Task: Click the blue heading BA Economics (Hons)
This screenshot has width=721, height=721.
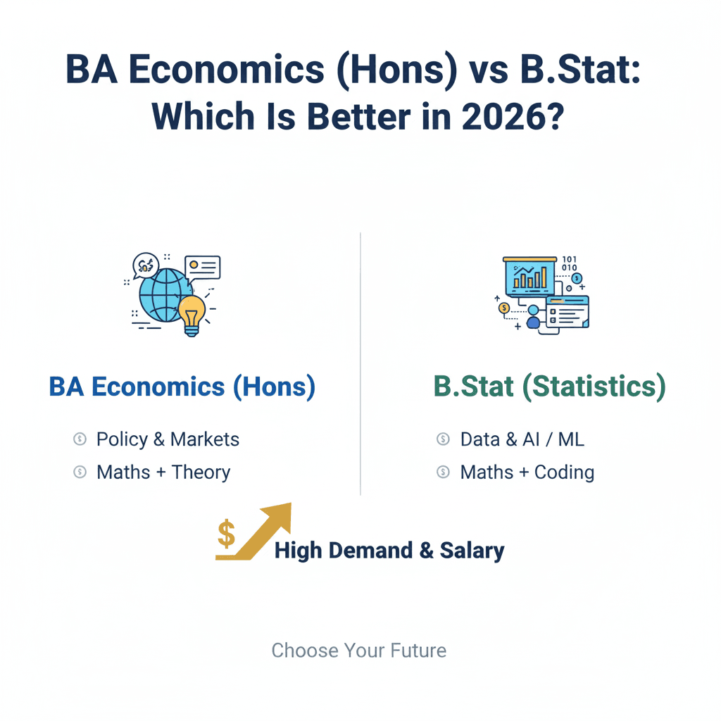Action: click(x=182, y=387)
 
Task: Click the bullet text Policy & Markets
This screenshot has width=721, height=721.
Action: click(x=168, y=439)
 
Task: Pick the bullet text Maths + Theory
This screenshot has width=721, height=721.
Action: click(x=163, y=472)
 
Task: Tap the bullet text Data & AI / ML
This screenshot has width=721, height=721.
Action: click(x=522, y=439)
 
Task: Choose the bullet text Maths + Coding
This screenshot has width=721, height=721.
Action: click(x=527, y=472)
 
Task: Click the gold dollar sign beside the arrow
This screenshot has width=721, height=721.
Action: click(x=227, y=534)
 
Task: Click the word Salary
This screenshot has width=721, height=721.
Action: click(x=472, y=551)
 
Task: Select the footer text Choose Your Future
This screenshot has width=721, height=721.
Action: click(x=359, y=650)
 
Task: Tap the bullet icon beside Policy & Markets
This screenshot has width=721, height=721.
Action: click(x=80, y=439)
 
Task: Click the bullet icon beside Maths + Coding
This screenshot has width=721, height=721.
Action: click(x=443, y=472)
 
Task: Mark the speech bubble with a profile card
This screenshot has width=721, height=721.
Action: click(x=203, y=267)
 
